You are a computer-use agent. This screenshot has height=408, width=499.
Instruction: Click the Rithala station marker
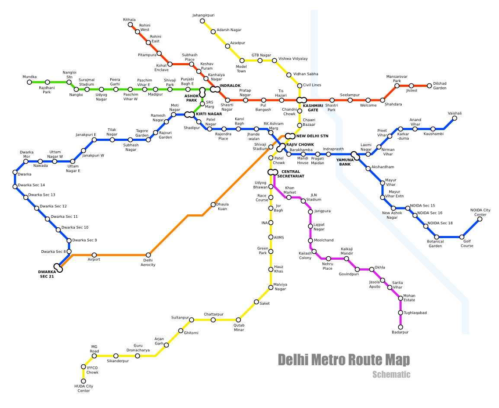(130, 25)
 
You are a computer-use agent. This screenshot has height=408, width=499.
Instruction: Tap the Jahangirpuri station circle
(202, 21)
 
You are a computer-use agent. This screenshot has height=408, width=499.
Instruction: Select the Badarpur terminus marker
(400, 327)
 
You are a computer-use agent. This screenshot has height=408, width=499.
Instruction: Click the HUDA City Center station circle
(83, 381)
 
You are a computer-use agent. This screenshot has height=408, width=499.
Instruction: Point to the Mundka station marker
(29, 82)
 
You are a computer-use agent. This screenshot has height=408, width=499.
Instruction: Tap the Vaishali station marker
(454, 118)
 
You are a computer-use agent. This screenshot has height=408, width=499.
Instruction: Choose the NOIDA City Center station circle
(480, 219)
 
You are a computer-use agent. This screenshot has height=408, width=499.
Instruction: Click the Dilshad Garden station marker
(429, 86)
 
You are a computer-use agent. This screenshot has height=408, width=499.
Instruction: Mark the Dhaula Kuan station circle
(213, 204)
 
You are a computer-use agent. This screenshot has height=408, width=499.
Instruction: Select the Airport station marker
(94, 255)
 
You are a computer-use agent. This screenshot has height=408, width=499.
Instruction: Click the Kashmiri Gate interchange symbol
(301, 100)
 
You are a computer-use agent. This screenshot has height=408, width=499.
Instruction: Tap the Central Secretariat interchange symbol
(273, 172)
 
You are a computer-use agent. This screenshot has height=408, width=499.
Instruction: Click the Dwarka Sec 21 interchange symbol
(58, 268)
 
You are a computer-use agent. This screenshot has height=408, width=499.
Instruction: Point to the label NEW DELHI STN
(312, 136)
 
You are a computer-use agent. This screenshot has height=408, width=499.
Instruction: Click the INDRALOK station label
(230, 86)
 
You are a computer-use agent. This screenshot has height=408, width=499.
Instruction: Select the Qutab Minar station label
(239, 328)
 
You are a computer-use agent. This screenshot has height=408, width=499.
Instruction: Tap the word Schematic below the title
(391, 375)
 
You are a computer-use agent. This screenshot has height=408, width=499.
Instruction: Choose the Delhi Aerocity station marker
(148, 255)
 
